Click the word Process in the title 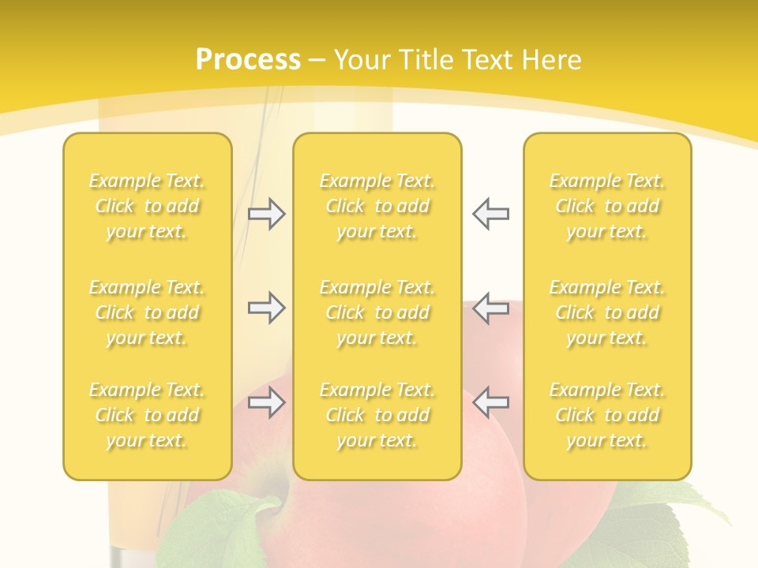pos(248,60)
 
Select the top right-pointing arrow pos(266,214)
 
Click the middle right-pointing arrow pos(266,308)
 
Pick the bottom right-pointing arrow pos(266,402)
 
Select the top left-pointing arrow pos(490,214)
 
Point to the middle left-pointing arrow pos(490,308)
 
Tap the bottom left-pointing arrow pos(490,402)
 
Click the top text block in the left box pos(147,206)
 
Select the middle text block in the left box pos(147,312)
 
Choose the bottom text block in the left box pos(147,415)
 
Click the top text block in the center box pos(377,206)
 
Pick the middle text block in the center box pos(377,312)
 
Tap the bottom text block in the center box pos(377,415)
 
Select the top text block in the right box pos(606,206)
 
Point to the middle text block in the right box pos(606,312)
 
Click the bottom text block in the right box pos(606,415)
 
